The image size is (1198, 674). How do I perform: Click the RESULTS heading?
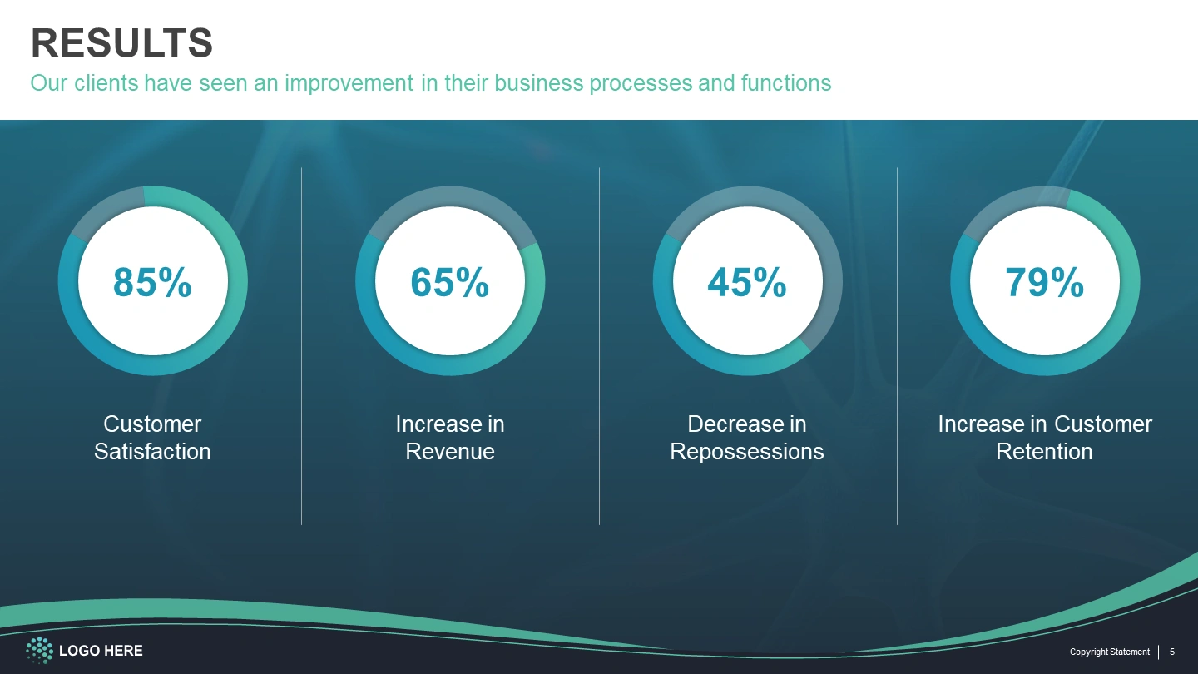(x=122, y=42)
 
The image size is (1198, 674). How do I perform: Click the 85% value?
(x=152, y=282)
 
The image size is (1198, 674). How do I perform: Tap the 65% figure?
(x=450, y=282)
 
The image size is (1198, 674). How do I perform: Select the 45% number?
(x=747, y=282)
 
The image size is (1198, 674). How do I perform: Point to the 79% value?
(x=1045, y=282)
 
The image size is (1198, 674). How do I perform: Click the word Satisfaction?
(x=152, y=452)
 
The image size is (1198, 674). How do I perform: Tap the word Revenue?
(x=450, y=452)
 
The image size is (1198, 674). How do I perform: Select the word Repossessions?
(x=747, y=452)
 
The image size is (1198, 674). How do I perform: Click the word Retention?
(x=1045, y=452)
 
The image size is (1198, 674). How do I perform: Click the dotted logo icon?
(x=40, y=651)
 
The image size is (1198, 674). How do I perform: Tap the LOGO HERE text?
(x=101, y=651)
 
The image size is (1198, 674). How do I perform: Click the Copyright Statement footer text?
(x=1110, y=652)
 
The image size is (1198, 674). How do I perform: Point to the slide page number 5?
(x=1172, y=652)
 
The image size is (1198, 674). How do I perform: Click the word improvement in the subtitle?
(x=349, y=83)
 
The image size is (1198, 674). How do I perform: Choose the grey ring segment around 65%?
(x=450, y=196)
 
